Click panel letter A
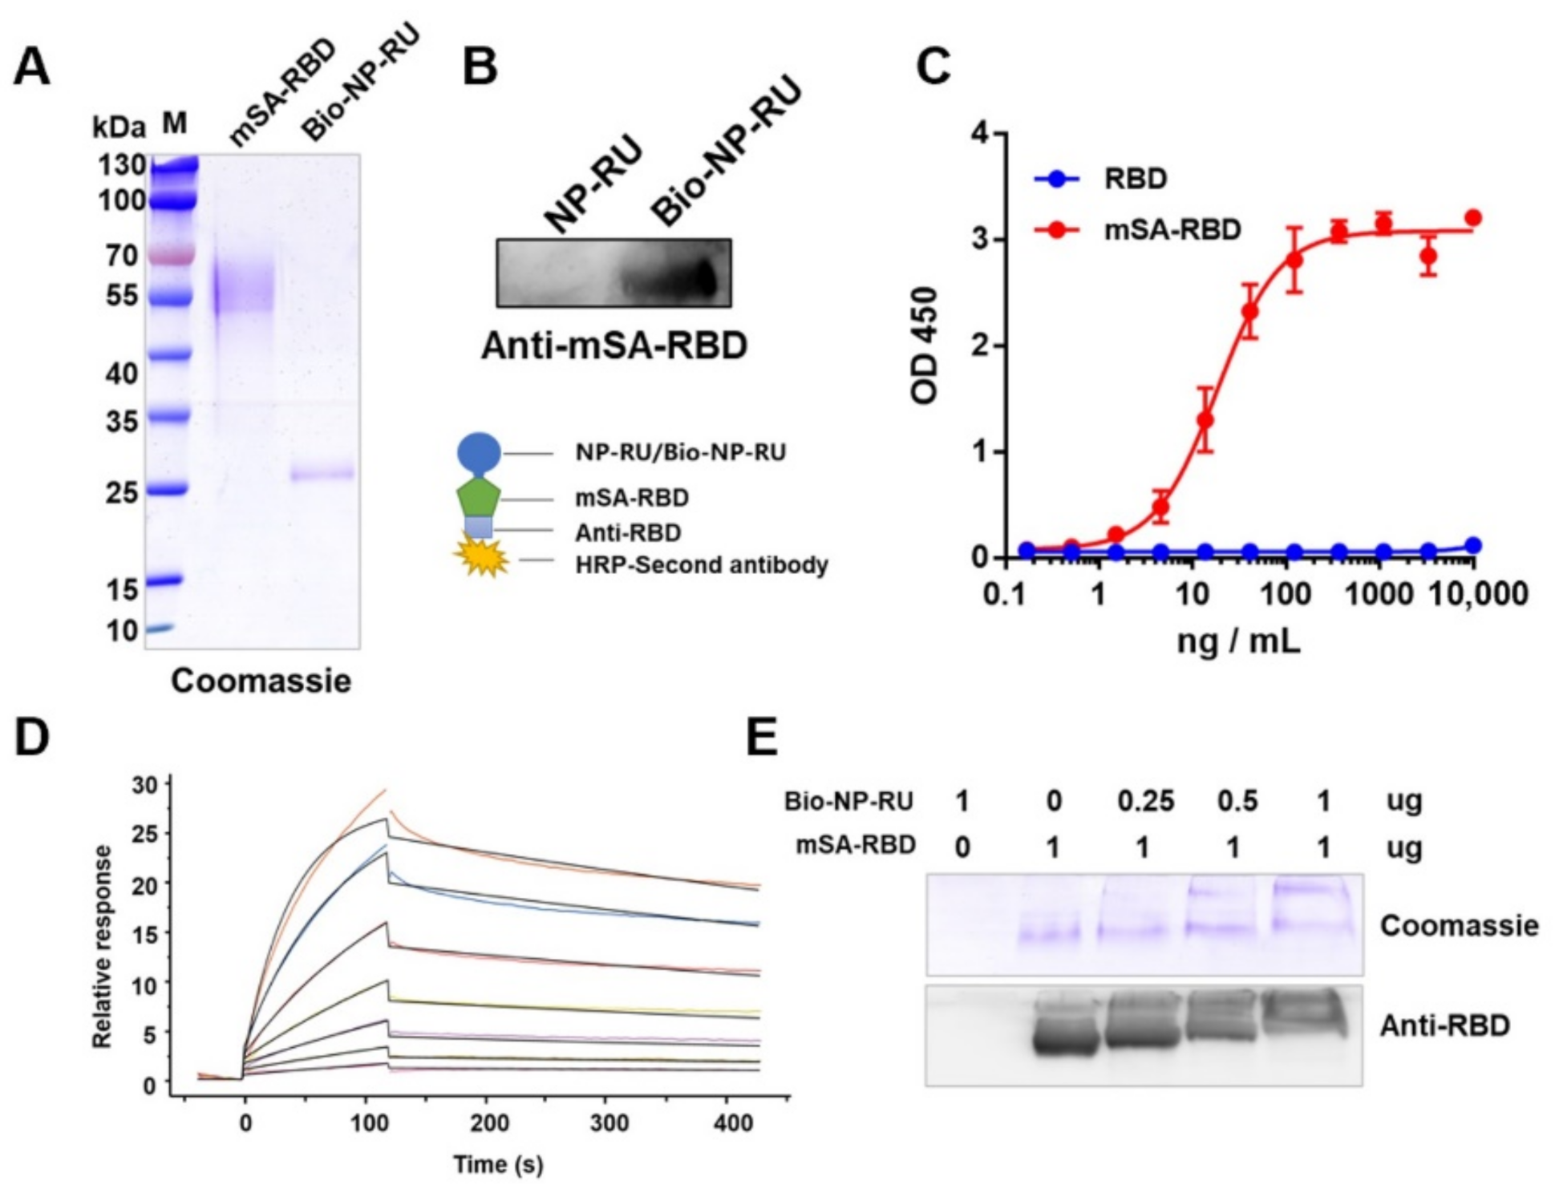[x=32, y=67]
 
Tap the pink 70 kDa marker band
[x=171, y=256]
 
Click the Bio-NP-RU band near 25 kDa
[x=322, y=473]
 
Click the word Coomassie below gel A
[x=261, y=681]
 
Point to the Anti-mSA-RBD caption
[x=613, y=346]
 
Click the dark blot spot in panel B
[x=702, y=278]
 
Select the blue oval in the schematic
[x=480, y=453]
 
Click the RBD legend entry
[x=1134, y=178]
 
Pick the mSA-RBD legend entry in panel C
[x=1171, y=230]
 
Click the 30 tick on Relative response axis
[x=144, y=785]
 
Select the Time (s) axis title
[x=498, y=1163]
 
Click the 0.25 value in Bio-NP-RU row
[x=1146, y=801]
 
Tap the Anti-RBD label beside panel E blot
[x=1444, y=1025]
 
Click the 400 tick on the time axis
[x=733, y=1122]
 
